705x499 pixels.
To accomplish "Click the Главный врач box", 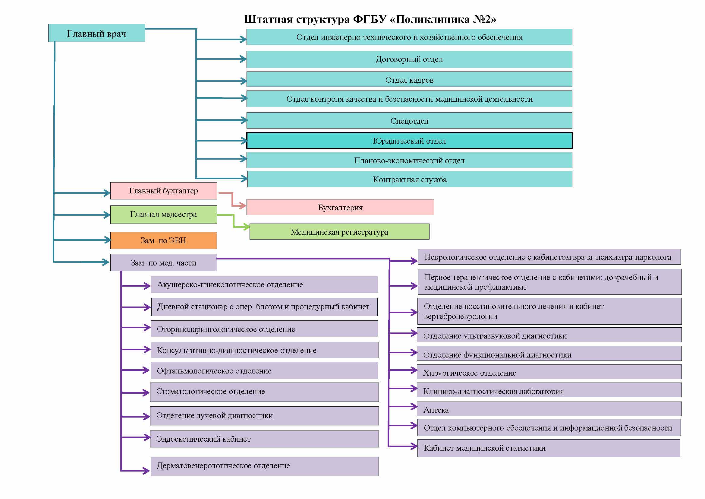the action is coord(97,33).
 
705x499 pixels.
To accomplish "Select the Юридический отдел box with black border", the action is coord(409,141).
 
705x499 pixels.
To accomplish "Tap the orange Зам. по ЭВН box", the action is coord(164,240).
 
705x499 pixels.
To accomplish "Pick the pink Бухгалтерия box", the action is coord(340,207).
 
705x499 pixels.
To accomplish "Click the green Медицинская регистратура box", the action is coord(340,232).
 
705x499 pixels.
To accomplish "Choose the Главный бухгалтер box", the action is coord(164,191).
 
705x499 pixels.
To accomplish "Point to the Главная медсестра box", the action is coord(164,215).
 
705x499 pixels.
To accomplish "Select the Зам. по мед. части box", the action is coord(164,263).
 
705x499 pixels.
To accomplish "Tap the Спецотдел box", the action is coord(409,120).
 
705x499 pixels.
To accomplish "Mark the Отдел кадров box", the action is coord(409,80).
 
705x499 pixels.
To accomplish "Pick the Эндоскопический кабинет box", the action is coord(264,439).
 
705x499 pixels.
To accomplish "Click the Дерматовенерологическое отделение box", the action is coord(265,466).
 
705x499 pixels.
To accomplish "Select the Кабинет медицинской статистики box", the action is coord(549,448).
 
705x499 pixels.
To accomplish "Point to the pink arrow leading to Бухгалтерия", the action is coord(232,199).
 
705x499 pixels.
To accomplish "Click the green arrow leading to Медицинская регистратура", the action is coord(234,221).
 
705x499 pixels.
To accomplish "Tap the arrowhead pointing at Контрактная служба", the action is coord(244,178).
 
